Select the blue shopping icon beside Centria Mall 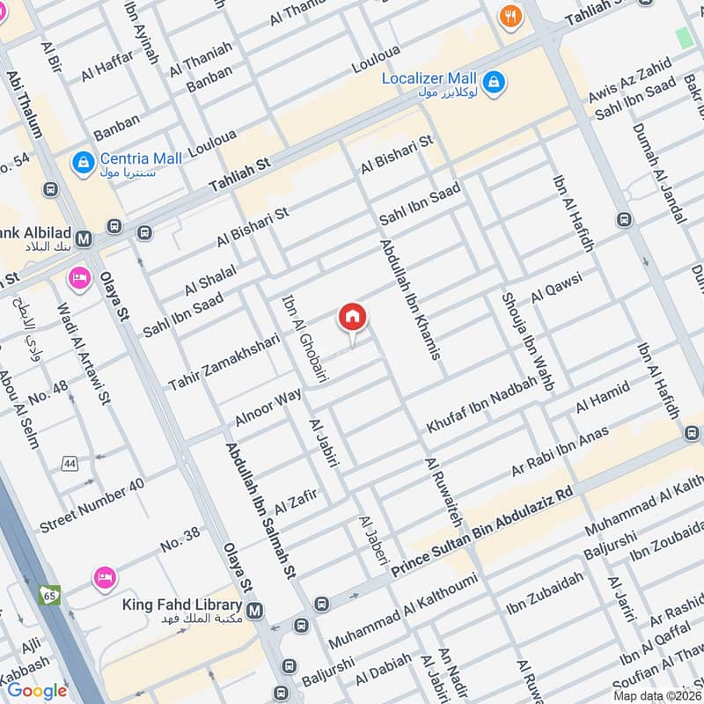tap(84, 163)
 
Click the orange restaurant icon tap(509, 16)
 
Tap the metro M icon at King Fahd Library tap(255, 610)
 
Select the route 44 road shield tap(69, 463)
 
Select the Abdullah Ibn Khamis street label tap(409, 299)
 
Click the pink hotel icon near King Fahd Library tap(104, 577)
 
